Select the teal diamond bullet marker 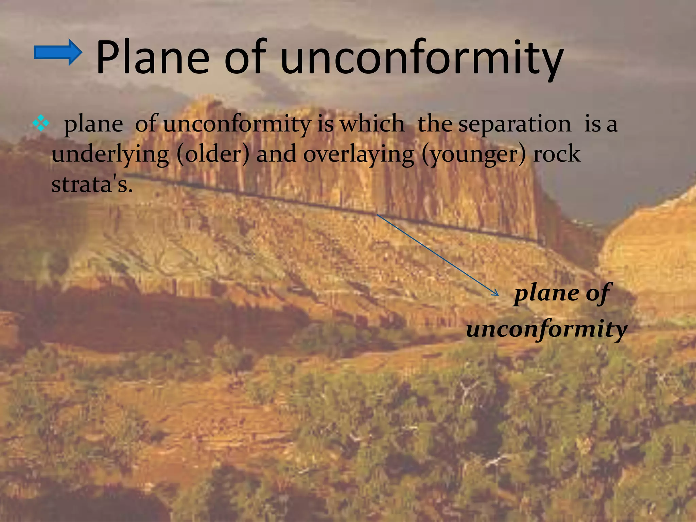click(x=41, y=124)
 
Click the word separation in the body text click(x=515, y=124)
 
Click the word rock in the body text click(x=557, y=154)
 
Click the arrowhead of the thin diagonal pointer click(x=496, y=294)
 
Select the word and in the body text click(x=276, y=154)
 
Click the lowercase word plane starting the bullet click(x=93, y=124)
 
